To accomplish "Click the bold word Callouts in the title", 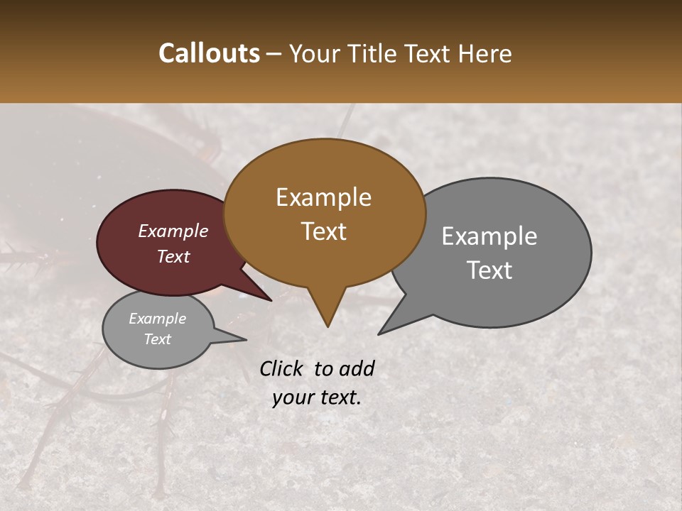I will pyautogui.click(x=209, y=53).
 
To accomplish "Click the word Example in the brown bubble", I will pyautogui.click(x=323, y=197).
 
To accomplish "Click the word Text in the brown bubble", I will pyautogui.click(x=324, y=231).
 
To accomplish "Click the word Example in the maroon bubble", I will pyautogui.click(x=173, y=231).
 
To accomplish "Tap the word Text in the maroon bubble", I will pyautogui.click(x=173, y=256).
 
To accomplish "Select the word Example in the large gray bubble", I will pyautogui.click(x=489, y=236).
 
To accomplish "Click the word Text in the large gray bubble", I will pyautogui.click(x=489, y=270).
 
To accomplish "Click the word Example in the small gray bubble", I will pyautogui.click(x=158, y=319).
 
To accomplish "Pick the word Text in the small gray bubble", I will pyautogui.click(x=158, y=339).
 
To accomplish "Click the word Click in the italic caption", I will pyautogui.click(x=282, y=368).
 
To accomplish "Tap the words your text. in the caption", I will pyautogui.click(x=317, y=397).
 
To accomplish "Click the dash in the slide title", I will pyautogui.click(x=275, y=54).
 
